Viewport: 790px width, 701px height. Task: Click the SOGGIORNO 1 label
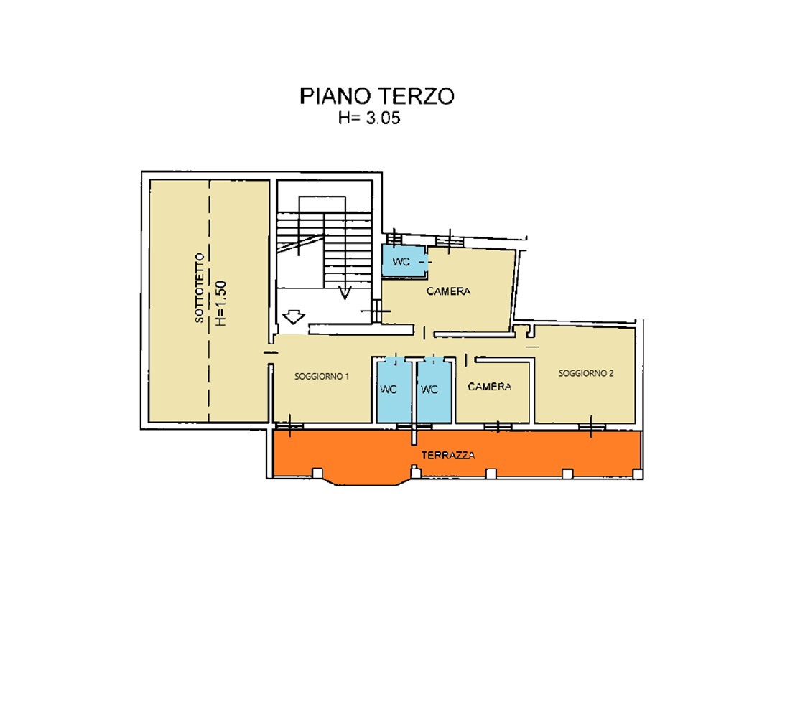coord(322,376)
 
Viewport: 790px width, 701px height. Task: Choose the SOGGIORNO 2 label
coord(585,373)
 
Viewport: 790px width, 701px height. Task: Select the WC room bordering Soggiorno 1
coord(389,390)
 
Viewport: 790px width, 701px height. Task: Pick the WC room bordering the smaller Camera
coord(429,390)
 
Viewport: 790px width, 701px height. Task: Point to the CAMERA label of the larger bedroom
coord(448,291)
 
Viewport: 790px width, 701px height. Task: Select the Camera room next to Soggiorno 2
coord(490,387)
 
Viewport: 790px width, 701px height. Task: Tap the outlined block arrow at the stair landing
coord(293,316)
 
